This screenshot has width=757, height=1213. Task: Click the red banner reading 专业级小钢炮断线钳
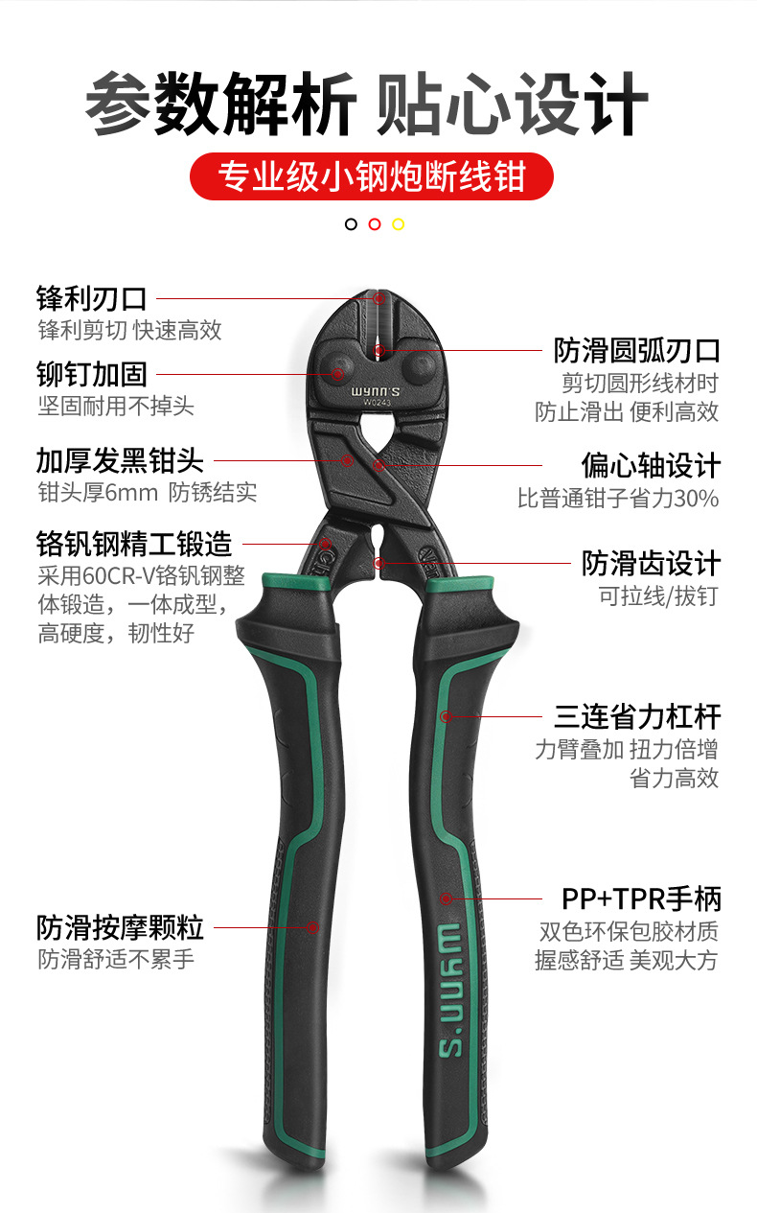[x=372, y=176]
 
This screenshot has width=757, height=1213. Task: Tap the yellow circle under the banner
[x=399, y=224]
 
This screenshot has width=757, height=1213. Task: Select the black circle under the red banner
[x=351, y=224]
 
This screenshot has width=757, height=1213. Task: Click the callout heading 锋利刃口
[x=92, y=298]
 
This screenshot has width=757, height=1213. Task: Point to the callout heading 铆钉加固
[x=92, y=374]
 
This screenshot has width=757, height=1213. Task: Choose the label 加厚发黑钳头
[x=120, y=460]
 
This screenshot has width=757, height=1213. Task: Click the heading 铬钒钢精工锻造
[x=134, y=545]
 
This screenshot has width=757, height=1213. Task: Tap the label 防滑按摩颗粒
[x=120, y=927]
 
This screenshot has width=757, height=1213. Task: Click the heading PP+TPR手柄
[x=641, y=898]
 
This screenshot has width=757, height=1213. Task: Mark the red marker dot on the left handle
[x=311, y=927]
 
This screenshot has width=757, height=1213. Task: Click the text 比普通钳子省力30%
[x=618, y=499]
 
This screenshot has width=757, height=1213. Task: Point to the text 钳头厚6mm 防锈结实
[x=147, y=493]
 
